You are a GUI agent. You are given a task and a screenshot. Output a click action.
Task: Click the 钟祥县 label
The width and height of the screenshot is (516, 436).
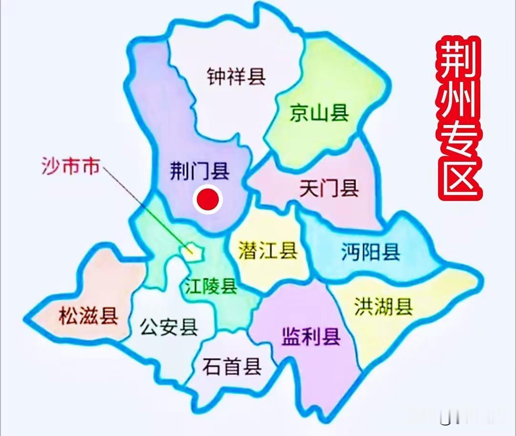pos(236,76)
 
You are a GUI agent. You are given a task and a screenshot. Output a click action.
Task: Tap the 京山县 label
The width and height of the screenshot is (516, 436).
pos(319,114)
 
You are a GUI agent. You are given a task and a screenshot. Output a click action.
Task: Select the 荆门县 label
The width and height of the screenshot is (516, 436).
pos(200,170)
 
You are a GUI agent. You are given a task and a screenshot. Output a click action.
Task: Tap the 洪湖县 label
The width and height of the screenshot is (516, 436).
pos(383,307)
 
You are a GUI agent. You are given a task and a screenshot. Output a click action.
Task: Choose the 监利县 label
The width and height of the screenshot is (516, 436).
pos(311,337)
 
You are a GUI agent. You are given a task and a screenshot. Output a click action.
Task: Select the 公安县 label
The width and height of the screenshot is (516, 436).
pos(169,327)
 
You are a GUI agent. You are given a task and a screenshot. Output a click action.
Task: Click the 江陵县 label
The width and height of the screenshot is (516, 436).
pos(211,287)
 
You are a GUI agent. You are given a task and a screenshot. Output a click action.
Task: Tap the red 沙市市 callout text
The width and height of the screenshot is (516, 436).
pos(70,167)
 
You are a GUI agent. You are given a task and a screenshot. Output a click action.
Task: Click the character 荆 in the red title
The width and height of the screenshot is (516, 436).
pos(459,60)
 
